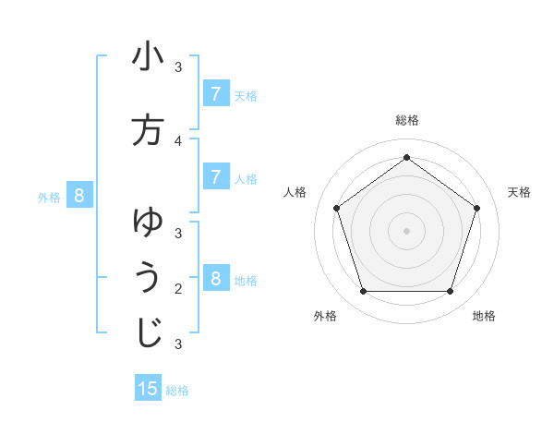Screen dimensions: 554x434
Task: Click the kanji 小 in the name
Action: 148,57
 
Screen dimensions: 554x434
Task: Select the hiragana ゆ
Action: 148,222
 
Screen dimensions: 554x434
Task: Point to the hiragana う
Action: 148,278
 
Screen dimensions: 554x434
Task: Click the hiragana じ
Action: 148,332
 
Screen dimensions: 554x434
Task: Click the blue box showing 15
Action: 148,389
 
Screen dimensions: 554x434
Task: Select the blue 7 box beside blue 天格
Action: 215,93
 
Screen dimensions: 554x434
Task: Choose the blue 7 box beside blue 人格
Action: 215,176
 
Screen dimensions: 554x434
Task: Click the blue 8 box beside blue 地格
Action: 215,278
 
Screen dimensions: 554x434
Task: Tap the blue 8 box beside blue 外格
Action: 79,195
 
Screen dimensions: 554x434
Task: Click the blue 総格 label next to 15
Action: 177,391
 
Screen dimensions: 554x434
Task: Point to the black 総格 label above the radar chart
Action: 406,120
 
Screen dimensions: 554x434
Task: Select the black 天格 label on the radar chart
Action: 519,192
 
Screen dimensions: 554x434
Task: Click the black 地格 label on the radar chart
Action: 484,316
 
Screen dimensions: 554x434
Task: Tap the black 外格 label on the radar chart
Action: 325,316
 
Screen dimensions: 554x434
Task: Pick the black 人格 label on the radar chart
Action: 295,192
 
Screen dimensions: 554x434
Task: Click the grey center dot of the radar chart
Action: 406,230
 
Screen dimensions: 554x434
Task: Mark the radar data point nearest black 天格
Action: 476,208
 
